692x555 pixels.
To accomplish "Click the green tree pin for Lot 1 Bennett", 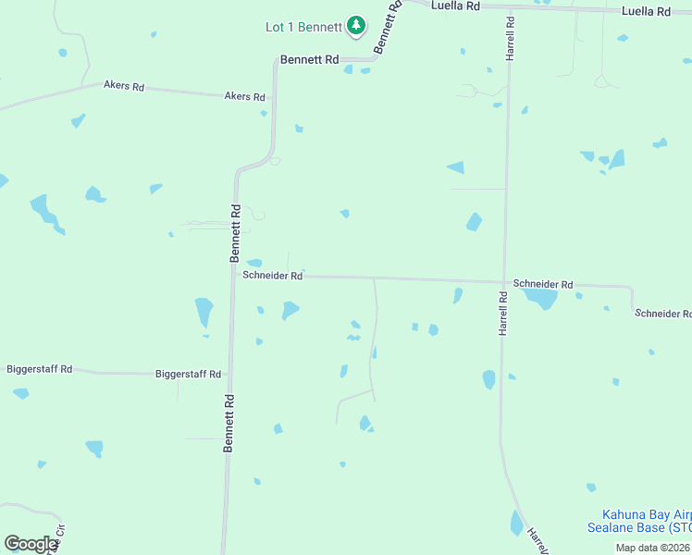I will [356, 26].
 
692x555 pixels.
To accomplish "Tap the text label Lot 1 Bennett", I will [303, 27].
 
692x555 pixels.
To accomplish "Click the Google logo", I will [31, 544].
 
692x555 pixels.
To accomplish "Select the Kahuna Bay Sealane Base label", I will [639, 521].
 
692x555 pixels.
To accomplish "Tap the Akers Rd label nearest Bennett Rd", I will [245, 96].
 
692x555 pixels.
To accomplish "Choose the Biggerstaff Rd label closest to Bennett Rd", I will [190, 375].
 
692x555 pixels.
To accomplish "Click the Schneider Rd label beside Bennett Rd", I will [272, 276].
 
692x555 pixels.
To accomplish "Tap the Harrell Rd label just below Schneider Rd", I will [503, 314].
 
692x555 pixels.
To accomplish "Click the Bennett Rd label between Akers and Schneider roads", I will [236, 232].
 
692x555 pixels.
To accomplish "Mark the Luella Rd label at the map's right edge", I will [646, 11].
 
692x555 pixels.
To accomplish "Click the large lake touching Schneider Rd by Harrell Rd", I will [539, 298].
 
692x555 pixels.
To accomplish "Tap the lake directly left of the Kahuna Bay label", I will [516, 524].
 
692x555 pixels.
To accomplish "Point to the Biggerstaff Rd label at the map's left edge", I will [39, 369].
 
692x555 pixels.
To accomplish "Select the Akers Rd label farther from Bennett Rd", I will [124, 87].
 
